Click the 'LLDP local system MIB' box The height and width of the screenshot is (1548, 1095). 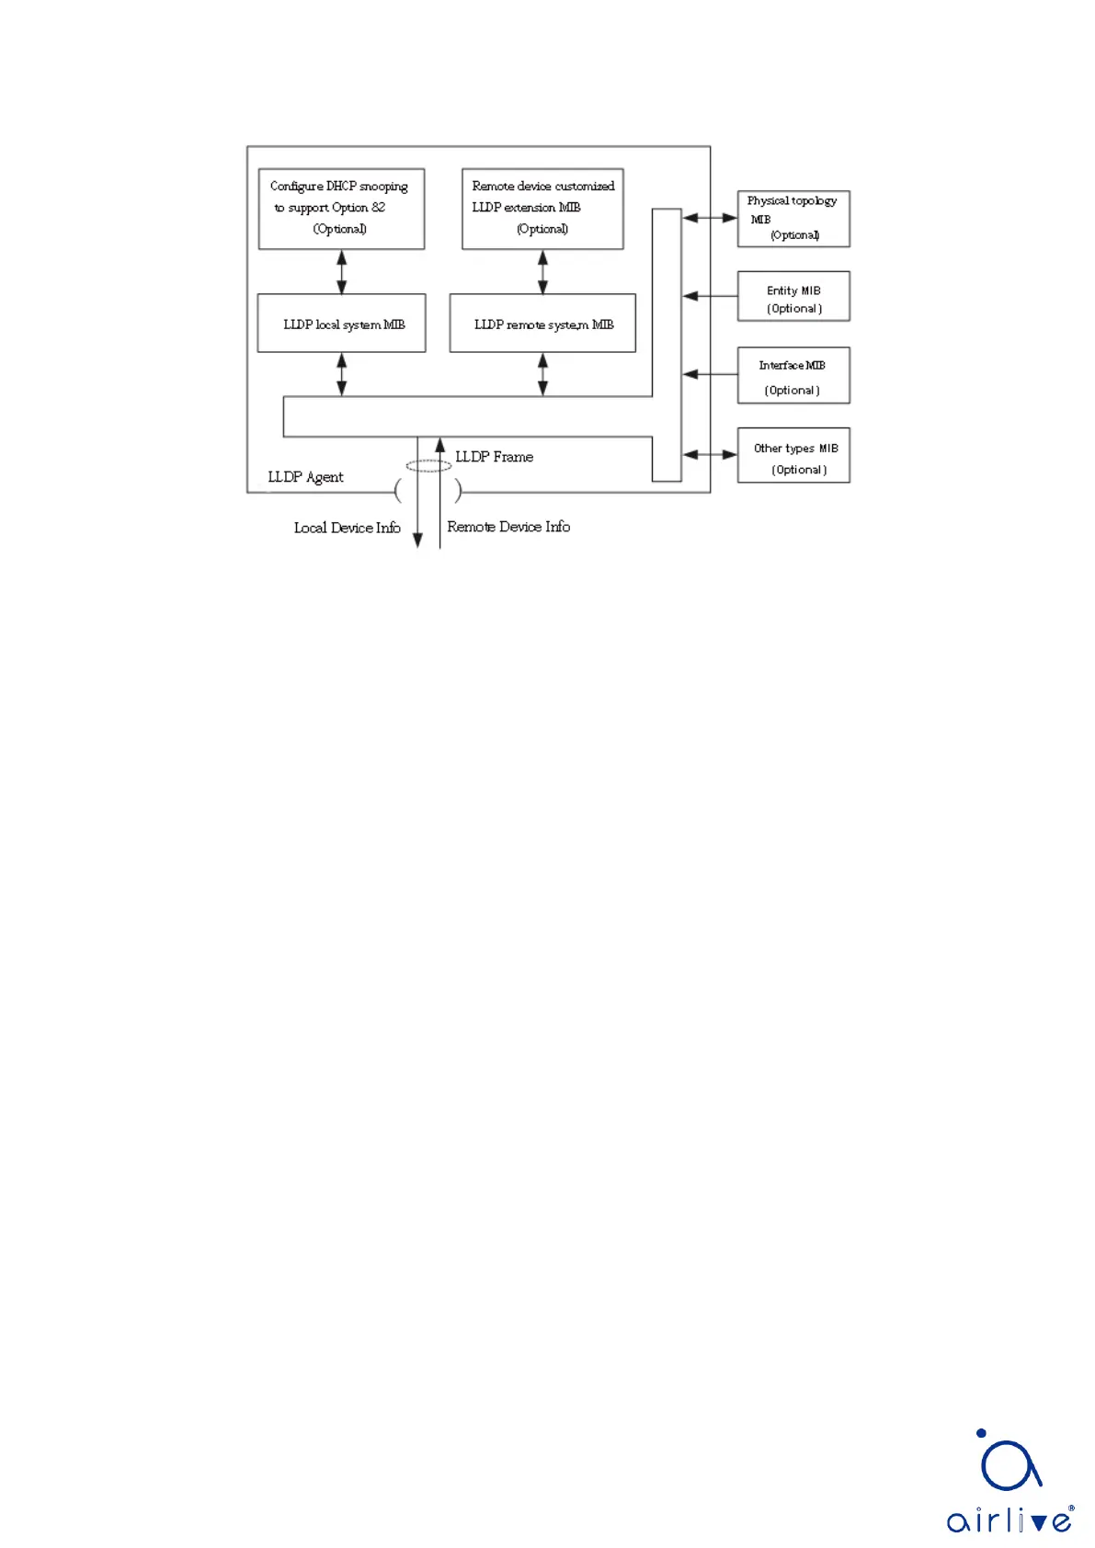pyautogui.click(x=341, y=323)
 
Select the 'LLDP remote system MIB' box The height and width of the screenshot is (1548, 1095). pyautogui.click(x=542, y=323)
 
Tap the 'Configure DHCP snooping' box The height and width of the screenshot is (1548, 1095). pyautogui.click(x=341, y=208)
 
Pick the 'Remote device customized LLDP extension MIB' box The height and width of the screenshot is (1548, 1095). pyautogui.click(x=542, y=208)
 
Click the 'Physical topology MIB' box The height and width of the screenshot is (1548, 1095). pyautogui.click(x=793, y=219)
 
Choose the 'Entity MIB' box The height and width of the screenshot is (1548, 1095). pyautogui.click(x=793, y=296)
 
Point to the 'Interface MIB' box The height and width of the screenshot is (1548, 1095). pyautogui.click(x=793, y=375)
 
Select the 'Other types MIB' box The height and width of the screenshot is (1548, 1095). pyautogui.click(x=793, y=455)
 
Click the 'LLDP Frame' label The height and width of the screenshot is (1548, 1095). pyautogui.click(x=494, y=457)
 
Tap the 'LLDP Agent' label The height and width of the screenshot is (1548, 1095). pyautogui.click(x=305, y=477)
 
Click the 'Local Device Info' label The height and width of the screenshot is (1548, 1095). pyautogui.click(x=347, y=528)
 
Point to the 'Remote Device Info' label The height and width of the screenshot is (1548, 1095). pyautogui.click(x=508, y=527)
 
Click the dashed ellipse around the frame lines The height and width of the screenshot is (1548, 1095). pyautogui.click(x=428, y=466)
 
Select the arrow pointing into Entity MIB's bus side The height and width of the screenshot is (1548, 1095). pyautogui.click(x=709, y=296)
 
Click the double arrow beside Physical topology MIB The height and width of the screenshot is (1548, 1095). pyautogui.click(x=709, y=218)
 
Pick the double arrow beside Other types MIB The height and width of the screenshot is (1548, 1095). pyautogui.click(x=709, y=454)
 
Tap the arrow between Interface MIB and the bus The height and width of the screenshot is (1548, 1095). pyautogui.click(x=709, y=374)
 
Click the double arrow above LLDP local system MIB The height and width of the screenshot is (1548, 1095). pyautogui.click(x=342, y=271)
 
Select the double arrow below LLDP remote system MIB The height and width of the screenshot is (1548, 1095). pyautogui.click(x=542, y=374)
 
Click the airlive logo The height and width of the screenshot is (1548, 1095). pyautogui.click(x=1009, y=1481)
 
